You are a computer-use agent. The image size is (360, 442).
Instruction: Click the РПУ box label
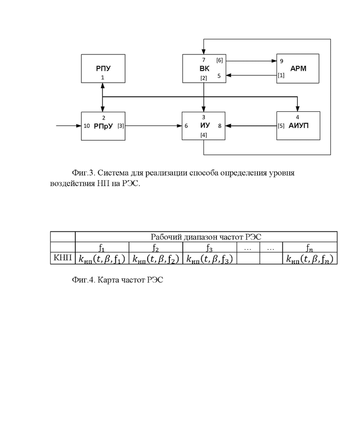point(103,68)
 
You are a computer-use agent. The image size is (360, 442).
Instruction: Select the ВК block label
point(204,68)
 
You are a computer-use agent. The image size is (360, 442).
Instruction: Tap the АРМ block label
point(298,68)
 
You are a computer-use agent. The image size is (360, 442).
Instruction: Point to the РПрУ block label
point(103,126)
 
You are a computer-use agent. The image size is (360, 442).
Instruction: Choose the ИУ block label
point(205,125)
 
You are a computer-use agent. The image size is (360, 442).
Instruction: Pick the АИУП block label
point(299,126)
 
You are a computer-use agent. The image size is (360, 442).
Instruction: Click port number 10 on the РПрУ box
point(86,126)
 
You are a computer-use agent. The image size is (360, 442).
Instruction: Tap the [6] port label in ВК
point(219,61)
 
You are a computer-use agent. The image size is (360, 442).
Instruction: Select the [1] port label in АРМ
point(281,75)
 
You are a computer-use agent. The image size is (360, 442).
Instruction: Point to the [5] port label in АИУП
point(281,126)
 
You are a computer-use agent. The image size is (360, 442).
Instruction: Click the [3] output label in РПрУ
point(120,126)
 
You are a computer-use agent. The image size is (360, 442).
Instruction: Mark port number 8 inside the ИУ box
point(220,126)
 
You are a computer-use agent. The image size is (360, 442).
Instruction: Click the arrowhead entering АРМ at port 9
point(274,61)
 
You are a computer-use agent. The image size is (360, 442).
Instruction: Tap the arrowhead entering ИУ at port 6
point(179,126)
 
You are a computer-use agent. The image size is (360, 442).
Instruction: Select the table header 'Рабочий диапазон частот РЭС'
point(206,237)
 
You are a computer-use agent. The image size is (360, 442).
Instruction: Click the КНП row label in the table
point(62,257)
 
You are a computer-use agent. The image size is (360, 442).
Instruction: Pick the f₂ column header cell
point(156,248)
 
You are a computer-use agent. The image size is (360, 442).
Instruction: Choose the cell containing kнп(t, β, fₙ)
point(310,258)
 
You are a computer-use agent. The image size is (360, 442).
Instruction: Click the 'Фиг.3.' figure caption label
point(84,173)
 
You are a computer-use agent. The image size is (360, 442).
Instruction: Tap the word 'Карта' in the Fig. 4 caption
point(107,280)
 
